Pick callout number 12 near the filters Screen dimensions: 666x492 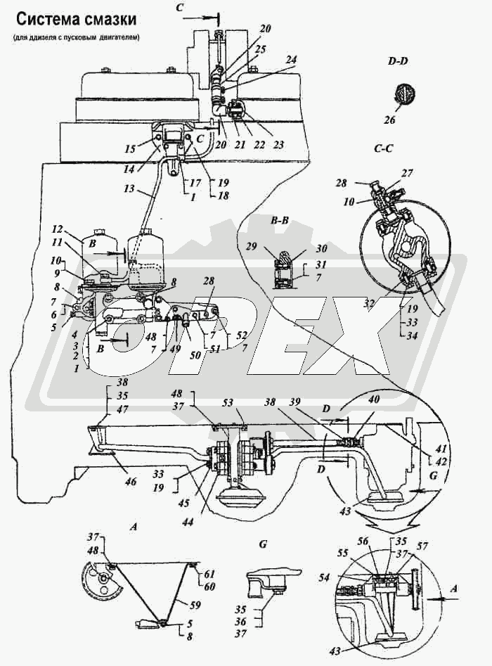[58, 229]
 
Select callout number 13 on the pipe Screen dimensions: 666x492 [129, 189]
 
